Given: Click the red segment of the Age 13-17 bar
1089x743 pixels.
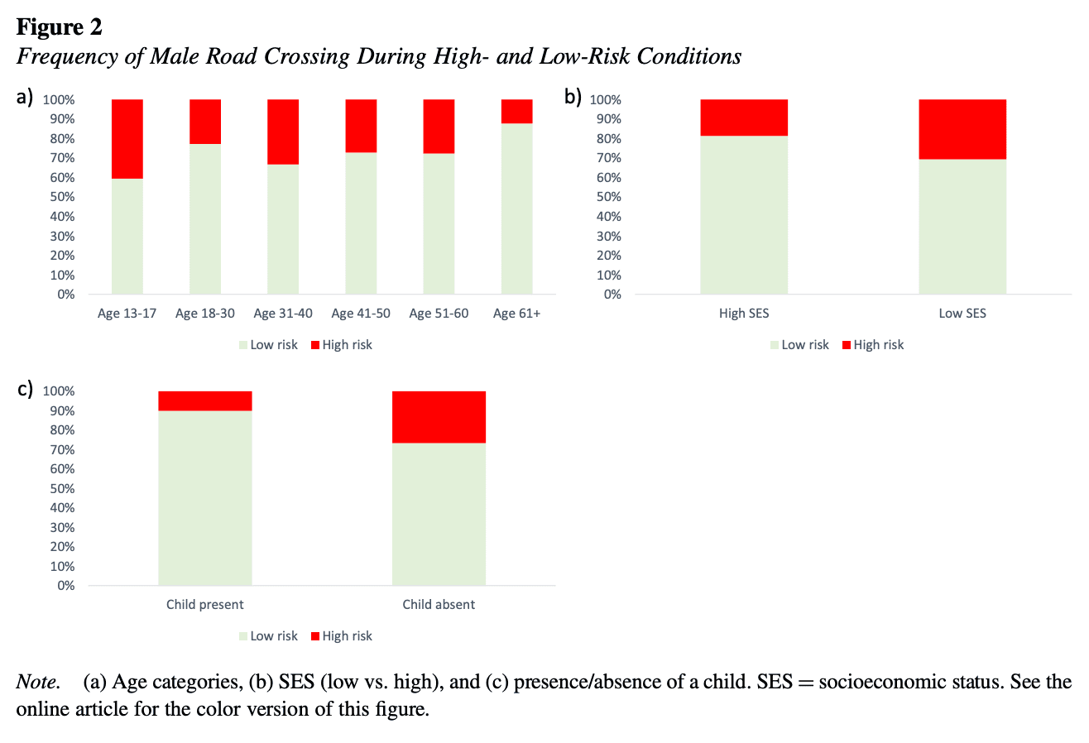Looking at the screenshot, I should pos(127,138).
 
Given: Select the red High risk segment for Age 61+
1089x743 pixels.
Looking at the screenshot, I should pos(516,111).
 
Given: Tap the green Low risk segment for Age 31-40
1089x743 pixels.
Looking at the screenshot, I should pos(283,229).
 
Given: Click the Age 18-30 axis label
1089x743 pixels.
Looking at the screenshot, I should pos(205,314).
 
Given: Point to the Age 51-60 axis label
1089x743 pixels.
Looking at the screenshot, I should pos(439,314).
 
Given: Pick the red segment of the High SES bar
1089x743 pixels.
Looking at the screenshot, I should pos(744,117).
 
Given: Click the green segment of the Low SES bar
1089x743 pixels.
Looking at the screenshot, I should pos(962,226).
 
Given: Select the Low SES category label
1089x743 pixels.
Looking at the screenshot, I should pos(962,314).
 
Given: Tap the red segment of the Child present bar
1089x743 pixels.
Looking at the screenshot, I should pos(205,400).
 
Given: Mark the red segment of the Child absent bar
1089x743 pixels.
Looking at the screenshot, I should pos(439,417).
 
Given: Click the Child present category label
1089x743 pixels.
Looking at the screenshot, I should pos(205,605).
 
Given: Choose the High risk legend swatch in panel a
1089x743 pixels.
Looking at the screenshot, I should pos(315,345).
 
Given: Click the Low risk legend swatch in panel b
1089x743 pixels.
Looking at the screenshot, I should pos(775,345).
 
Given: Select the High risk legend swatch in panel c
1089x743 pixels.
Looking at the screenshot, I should pos(315,636).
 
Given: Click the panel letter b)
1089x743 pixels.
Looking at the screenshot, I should pos(573,97).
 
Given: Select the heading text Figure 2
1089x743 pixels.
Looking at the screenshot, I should pos(60,27).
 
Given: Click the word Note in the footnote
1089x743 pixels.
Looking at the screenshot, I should pos(37,683).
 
